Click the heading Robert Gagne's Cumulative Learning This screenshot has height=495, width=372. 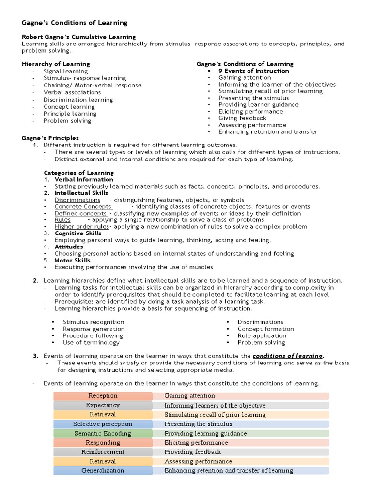tap(79, 37)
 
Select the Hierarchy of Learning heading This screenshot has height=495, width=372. tap(56, 64)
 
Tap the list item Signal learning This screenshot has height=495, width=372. tap(66, 71)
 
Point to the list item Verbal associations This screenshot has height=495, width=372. tap(72, 92)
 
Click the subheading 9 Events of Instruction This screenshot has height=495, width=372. tap(253, 71)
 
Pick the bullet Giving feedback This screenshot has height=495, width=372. tap(242, 118)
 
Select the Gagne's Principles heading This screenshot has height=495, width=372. tap(50, 138)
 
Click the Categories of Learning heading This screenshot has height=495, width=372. tap(78, 173)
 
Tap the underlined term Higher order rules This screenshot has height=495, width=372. tap(81, 226)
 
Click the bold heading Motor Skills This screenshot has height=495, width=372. tap(72, 260)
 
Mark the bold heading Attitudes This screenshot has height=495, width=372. tap(68, 247)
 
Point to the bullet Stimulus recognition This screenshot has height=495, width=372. tap(93, 322)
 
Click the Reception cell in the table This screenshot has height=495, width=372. tap(103, 396)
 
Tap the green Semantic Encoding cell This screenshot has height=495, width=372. tap(103, 434)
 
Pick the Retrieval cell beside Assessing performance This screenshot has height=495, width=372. tap(103, 462)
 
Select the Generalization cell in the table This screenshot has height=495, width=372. tap(103, 471)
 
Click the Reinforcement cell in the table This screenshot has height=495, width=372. tap(103, 452)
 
